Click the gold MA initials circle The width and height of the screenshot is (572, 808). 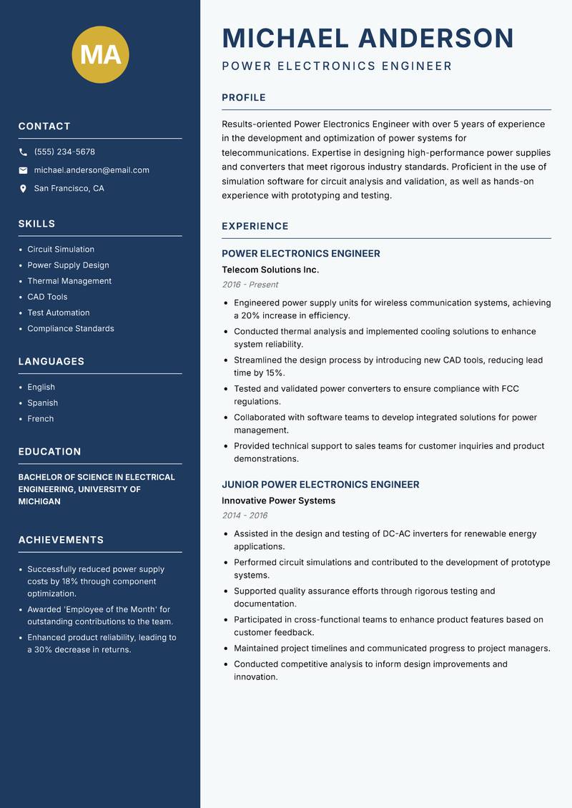[x=100, y=54]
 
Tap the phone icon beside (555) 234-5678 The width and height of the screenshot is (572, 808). [x=23, y=152]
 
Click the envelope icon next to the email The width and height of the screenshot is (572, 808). [x=23, y=170]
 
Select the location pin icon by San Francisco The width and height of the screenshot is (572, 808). [x=23, y=189]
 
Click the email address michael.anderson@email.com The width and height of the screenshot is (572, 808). [x=92, y=170]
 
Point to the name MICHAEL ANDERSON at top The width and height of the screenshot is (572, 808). [x=368, y=38]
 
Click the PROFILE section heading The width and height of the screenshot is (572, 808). [x=243, y=98]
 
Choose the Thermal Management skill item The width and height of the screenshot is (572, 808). [x=69, y=281]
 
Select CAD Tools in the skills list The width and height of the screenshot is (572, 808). [x=47, y=297]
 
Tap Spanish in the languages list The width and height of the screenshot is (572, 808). [x=42, y=403]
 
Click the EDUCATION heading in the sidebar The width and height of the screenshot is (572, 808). [x=49, y=452]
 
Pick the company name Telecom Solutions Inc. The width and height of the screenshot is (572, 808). [x=270, y=270]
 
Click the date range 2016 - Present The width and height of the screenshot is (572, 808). [x=250, y=285]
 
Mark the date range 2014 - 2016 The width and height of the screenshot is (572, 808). [x=244, y=516]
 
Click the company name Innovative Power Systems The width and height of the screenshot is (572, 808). [x=278, y=501]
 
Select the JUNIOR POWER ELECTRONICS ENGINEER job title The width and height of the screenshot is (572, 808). [x=320, y=485]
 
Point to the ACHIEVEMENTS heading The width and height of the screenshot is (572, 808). [x=61, y=540]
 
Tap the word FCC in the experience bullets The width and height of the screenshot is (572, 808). [x=510, y=389]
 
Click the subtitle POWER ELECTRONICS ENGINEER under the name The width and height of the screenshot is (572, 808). [x=337, y=66]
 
